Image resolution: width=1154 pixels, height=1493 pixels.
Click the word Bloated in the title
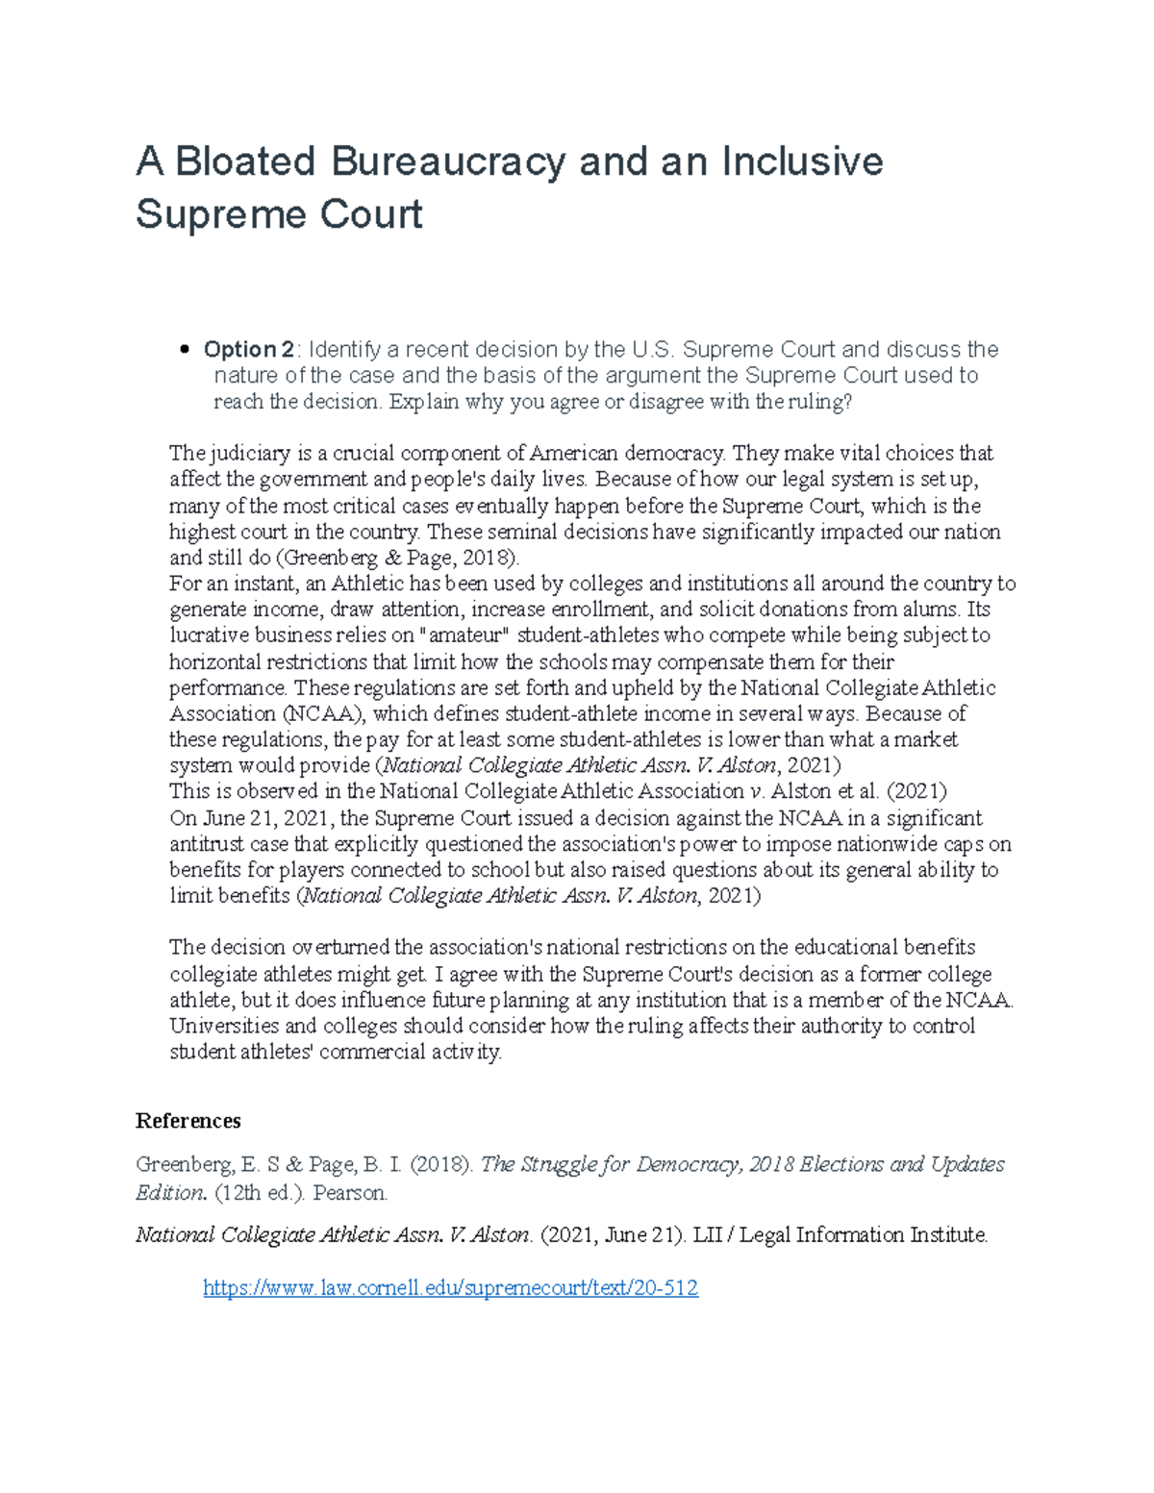[x=246, y=162]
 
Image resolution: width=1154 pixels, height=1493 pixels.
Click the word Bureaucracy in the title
[x=448, y=162]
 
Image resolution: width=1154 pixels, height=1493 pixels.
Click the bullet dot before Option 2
[x=185, y=350]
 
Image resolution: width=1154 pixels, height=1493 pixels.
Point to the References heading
[x=188, y=1121]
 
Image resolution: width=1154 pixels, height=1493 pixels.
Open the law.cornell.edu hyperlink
[x=450, y=1288]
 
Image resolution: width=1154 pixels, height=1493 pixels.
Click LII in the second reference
[x=708, y=1235]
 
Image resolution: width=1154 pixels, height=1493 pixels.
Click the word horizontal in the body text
[x=214, y=662]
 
